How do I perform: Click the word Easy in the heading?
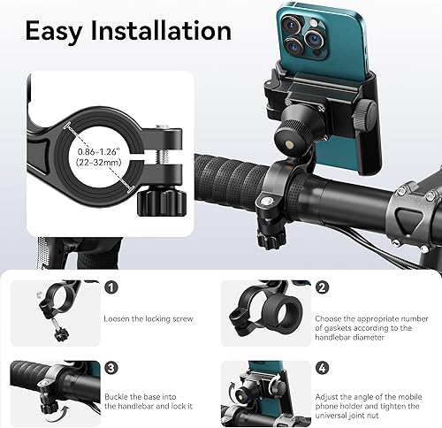60,31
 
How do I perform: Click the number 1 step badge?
110,287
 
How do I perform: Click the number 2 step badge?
322,287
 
